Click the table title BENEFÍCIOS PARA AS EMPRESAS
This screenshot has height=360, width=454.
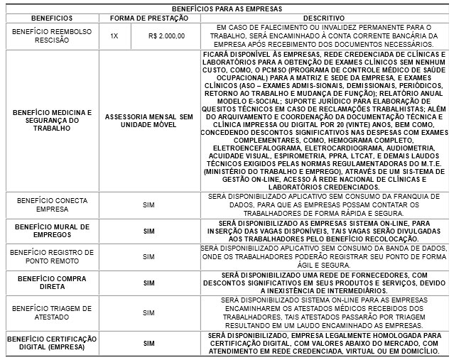(227, 8)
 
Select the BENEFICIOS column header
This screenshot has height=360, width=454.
(50, 16)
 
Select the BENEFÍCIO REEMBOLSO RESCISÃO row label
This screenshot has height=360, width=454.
(50, 36)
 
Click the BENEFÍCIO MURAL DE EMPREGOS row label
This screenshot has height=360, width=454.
(50, 231)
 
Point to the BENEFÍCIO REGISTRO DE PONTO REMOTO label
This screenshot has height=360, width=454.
(50, 256)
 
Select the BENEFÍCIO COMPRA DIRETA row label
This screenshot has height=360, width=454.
(50, 283)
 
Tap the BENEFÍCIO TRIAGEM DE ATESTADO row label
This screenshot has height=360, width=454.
(50, 312)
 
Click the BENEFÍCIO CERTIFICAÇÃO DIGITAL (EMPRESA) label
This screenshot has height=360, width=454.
(50, 342)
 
